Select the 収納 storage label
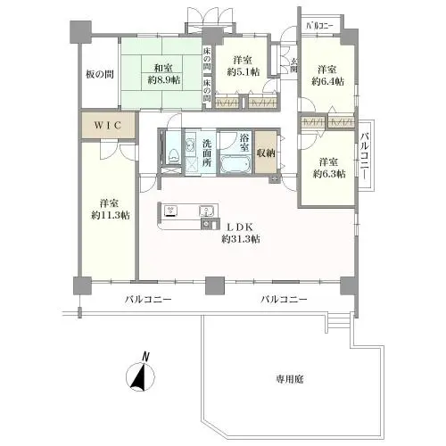266,153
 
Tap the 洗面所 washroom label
207,148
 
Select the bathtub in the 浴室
235,164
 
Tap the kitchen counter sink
207,211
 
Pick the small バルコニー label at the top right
318,26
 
